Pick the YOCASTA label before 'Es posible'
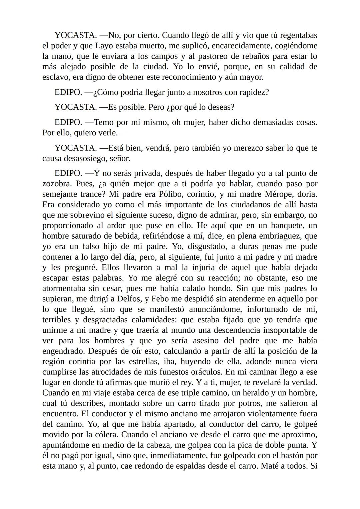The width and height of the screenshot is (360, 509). point(75,107)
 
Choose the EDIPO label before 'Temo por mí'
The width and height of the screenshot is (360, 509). point(68,122)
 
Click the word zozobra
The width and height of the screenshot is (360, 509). point(57,184)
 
